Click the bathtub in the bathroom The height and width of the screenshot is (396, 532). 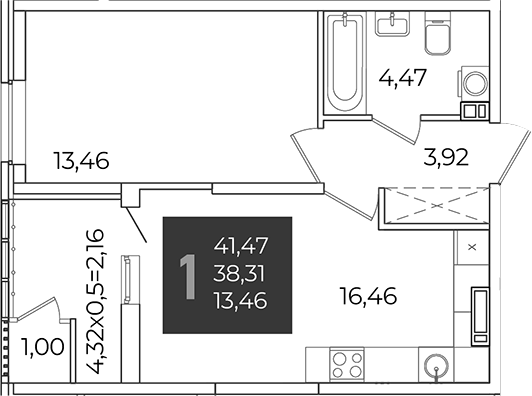click(x=345, y=62)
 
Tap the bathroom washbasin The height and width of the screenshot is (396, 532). click(x=392, y=23)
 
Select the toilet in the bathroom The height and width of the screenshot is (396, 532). click(x=438, y=35)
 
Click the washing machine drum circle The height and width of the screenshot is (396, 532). click(x=476, y=83)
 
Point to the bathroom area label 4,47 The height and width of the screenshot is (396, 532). click(x=402, y=78)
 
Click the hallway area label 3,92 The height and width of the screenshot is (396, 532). click(x=446, y=158)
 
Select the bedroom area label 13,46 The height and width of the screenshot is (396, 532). click(x=81, y=161)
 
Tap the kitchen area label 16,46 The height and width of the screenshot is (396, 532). click(x=368, y=296)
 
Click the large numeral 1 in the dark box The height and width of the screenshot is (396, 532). click(x=188, y=277)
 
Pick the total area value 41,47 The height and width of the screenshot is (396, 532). click(x=241, y=245)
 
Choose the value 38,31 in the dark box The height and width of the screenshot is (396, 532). click(x=239, y=274)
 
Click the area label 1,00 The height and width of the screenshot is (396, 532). click(x=42, y=347)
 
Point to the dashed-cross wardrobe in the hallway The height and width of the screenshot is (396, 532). click(x=436, y=206)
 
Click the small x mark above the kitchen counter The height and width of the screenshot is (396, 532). click(x=472, y=247)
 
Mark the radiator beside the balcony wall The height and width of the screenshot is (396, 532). click(x=127, y=280)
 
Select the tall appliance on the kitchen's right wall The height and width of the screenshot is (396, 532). click(x=480, y=316)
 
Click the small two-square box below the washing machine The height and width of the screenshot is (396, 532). click(x=475, y=111)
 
